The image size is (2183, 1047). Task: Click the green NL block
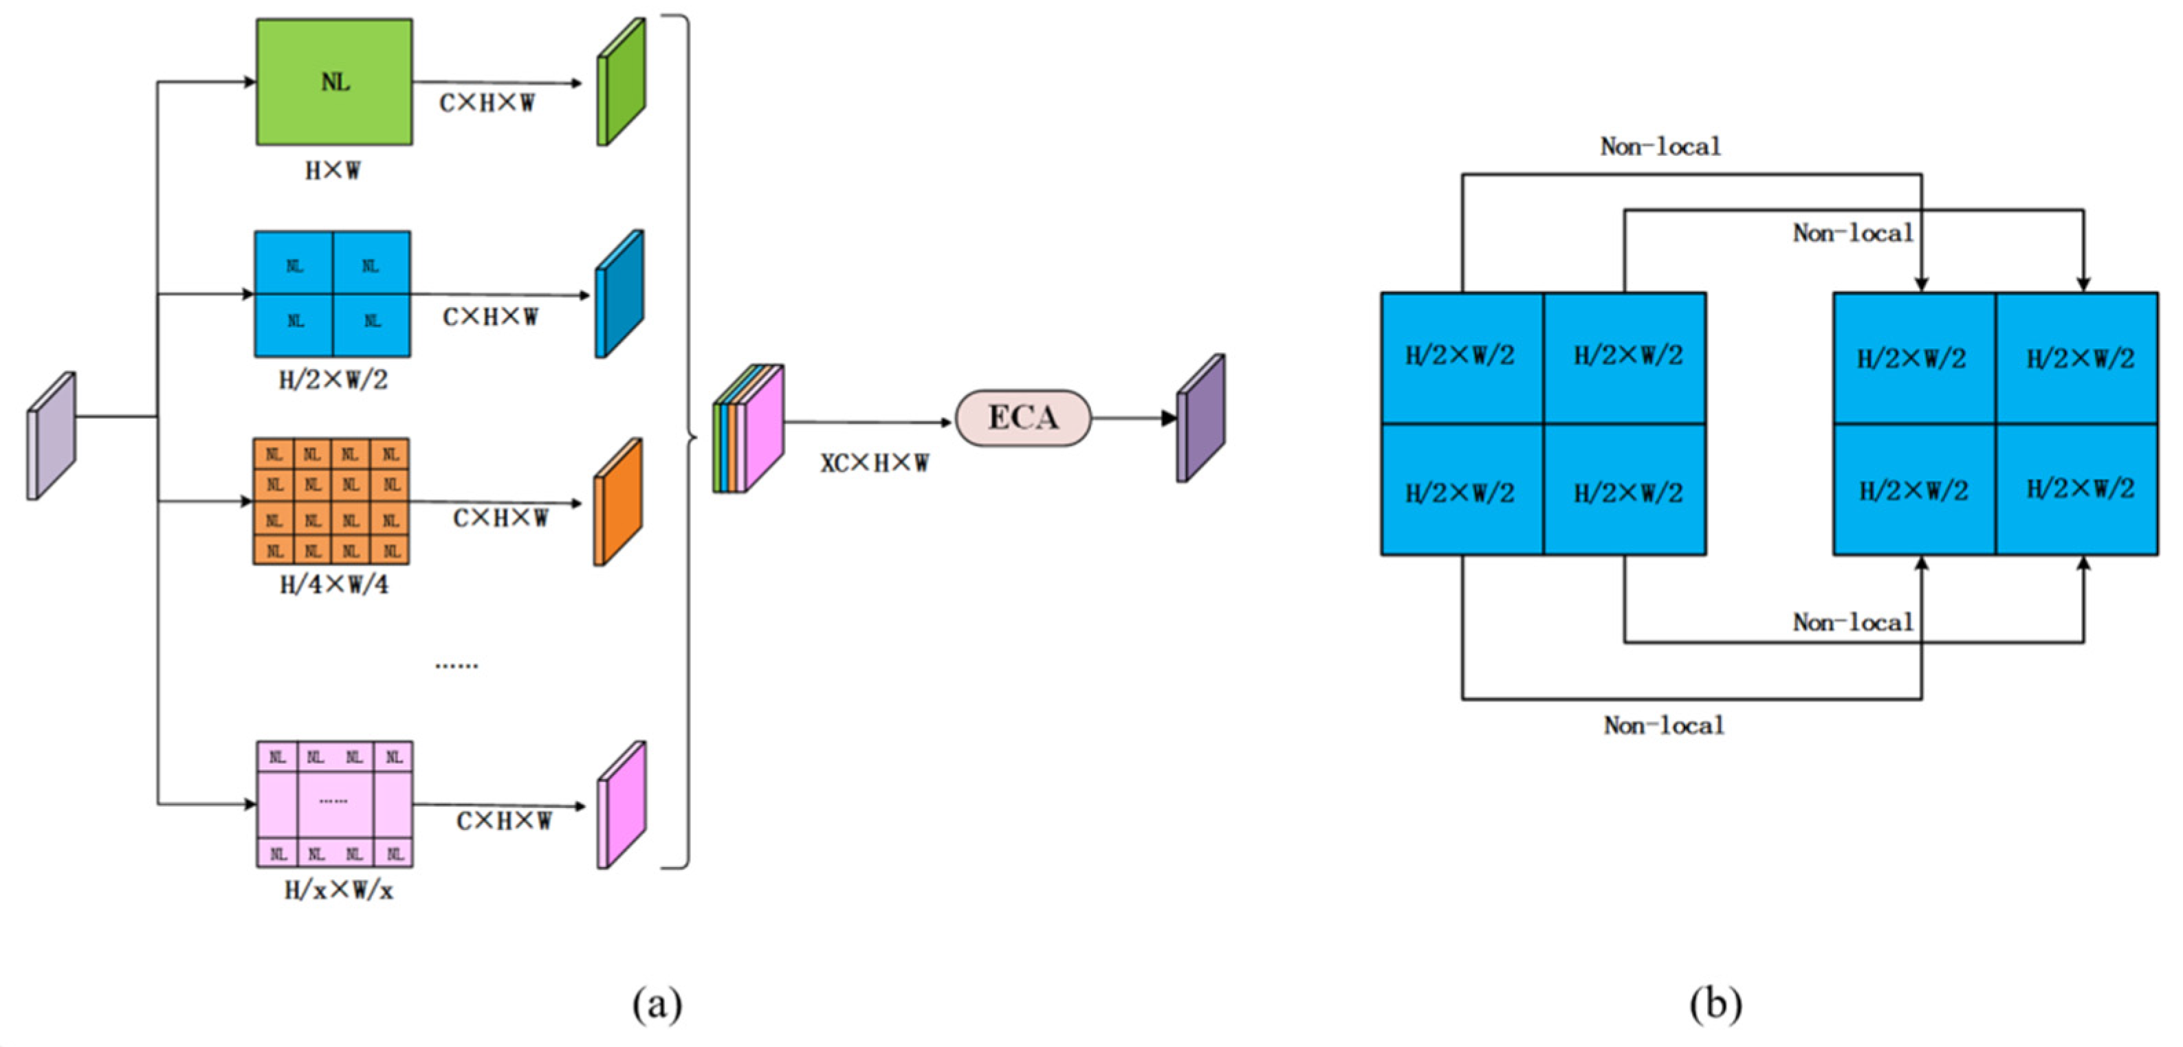point(334,82)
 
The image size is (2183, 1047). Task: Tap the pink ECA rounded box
point(1023,418)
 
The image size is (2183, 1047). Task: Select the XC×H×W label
point(874,463)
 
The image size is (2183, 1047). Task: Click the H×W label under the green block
point(332,171)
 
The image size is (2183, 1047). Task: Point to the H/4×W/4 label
point(334,585)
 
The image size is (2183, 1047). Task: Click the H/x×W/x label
point(338,890)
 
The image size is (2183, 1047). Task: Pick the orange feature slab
point(618,502)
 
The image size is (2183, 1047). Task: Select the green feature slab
point(621,82)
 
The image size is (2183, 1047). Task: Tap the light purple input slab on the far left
point(52,436)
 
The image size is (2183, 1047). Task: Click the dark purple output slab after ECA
point(1200,418)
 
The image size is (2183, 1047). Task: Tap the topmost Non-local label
point(1660,146)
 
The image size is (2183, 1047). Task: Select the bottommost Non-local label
point(1663,725)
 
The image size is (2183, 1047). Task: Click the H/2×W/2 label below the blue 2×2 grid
point(333,379)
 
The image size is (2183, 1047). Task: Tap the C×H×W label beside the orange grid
point(500,517)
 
